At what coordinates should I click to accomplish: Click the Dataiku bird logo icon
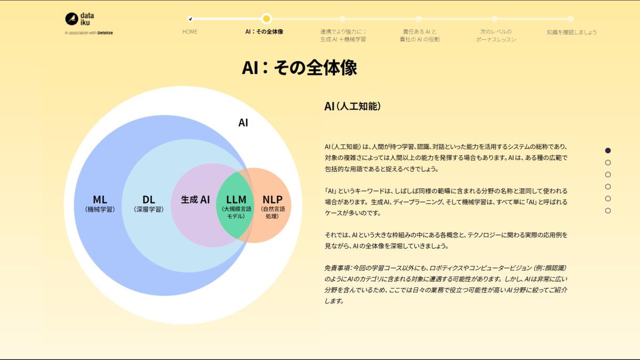pos(71,19)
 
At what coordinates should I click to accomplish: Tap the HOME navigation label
pos(190,31)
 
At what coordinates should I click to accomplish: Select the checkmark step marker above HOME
pos(190,19)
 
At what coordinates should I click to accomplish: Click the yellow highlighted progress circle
pos(267,19)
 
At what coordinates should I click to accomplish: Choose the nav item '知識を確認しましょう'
pos(571,32)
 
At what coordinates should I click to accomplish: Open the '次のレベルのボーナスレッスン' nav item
pos(495,35)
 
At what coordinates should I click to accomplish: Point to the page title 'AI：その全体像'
pos(299,68)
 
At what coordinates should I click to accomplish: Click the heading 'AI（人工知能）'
pos(353,106)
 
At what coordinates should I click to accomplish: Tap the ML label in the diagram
pos(100,200)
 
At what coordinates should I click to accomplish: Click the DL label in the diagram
pos(148,200)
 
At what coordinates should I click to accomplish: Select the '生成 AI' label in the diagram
pos(195,200)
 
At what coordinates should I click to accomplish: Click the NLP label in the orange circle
pos(272,200)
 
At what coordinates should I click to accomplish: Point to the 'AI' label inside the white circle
pos(243,123)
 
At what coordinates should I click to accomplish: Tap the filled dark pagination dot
pos(608,150)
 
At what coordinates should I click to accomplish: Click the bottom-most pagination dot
pos(608,211)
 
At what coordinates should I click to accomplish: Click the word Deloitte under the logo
pos(105,33)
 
